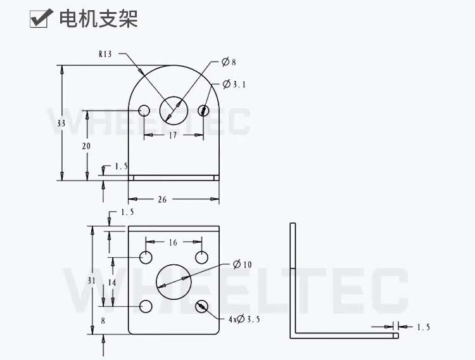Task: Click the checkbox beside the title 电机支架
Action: coord(40,19)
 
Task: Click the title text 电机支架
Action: coord(98,19)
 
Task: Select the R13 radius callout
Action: coord(105,55)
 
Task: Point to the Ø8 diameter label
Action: coord(229,62)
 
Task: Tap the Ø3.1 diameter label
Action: coord(234,84)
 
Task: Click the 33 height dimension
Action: coord(61,124)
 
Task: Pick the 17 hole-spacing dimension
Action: coord(172,135)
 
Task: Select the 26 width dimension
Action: coord(162,199)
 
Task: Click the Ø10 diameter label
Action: coord(242,264)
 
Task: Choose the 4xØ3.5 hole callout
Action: coord(244,319)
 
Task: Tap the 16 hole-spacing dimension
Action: coord(173,242)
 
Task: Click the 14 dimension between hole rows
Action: coord(112,281)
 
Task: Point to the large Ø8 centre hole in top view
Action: coord(173,107)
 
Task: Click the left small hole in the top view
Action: coord(144,111)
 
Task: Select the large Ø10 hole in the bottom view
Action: coord(173,280)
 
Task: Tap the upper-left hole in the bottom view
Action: coord(146,257)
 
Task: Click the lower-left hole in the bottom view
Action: coord(146,307)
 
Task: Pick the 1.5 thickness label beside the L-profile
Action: coord(423,327)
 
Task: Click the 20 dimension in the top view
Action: coord(87,146)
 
